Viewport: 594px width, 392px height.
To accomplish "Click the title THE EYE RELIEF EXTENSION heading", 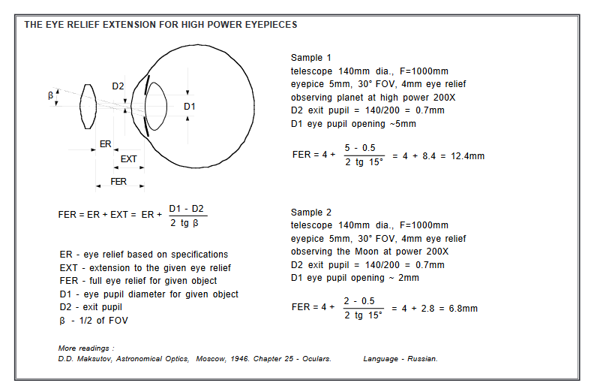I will [160, 25].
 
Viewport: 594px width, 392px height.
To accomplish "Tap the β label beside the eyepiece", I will [51, 95].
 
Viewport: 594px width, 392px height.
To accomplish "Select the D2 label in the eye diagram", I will [118, 86].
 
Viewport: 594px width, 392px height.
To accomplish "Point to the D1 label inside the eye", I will [190, 107].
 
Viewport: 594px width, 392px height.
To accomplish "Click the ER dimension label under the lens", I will [105, 143].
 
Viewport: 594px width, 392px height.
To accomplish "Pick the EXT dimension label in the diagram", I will [129, 158].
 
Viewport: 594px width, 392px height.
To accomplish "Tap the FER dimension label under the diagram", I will [118, 182].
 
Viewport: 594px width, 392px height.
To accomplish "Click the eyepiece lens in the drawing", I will [88, 105].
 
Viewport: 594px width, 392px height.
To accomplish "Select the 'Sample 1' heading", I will [311, 58].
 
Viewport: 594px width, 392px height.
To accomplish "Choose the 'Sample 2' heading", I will [311, 213].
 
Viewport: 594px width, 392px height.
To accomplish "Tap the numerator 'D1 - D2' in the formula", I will [187, 208].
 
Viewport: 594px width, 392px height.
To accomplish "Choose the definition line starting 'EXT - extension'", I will [145, 267].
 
